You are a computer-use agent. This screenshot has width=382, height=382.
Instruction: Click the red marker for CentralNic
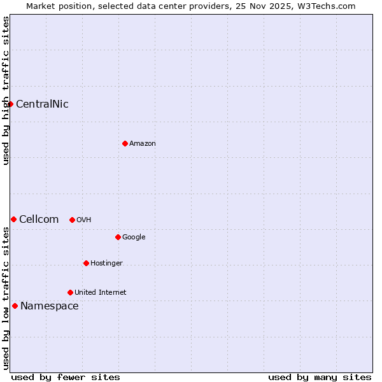point(10,104)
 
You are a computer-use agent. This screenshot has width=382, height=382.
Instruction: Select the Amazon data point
point(125,143)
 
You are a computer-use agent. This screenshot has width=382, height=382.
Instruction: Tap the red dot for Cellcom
point(13,219)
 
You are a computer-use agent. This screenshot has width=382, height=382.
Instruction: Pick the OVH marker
point(72,220)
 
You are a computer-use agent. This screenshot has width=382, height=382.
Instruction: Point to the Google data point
point(118,237)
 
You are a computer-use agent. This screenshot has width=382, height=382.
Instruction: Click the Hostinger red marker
point(86,263)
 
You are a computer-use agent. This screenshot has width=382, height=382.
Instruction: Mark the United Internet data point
point(70,292)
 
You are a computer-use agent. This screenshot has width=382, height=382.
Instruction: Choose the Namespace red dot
point(15,306)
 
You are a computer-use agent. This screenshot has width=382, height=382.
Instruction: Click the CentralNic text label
point(42,104)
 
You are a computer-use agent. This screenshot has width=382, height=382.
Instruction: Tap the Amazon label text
point(143,144)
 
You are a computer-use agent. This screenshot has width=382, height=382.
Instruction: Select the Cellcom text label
point(39,220)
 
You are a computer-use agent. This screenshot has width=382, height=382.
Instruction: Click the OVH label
point(83,220)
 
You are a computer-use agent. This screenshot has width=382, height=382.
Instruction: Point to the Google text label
point(134,237)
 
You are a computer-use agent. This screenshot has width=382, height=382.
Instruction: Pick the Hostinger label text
point(106,264)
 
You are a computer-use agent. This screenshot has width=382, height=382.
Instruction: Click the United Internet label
point(101,293)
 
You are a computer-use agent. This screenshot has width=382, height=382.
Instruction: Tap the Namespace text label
point(50,306)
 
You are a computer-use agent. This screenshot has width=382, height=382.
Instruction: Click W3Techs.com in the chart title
point(327,6)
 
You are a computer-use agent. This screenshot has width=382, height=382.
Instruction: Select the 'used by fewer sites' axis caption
point(66,377)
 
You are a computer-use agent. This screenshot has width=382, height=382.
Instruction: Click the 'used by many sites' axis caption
point(320,377)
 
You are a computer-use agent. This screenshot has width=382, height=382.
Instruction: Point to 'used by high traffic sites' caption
point(6,90)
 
